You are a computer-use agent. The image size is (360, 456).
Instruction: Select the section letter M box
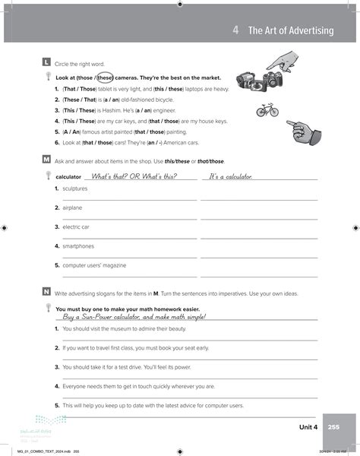click(47, 160)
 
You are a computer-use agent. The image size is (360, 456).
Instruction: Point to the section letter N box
click(47, 292)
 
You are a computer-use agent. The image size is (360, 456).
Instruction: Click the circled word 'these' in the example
click(105, 78)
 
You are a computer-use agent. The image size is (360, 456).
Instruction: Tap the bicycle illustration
click(267, 109)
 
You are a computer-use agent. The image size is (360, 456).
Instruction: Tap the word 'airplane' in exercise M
click(72, 207)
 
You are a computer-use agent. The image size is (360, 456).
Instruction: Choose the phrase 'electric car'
click(76, 226)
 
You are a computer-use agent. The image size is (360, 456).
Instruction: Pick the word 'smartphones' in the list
click(78, 246)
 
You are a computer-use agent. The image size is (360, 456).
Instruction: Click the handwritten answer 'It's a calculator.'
click(230, 176)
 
